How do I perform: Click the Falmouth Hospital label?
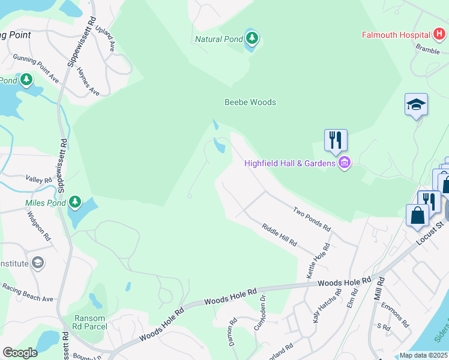point(396,35)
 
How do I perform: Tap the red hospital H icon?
point(439,35)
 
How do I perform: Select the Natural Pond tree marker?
point(253,39)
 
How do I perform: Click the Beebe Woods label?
point(250,102)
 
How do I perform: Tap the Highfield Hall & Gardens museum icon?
point(344,163)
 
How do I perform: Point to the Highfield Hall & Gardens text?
point(289,163)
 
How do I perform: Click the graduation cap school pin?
point(416,104)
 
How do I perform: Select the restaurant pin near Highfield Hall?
point(336,140)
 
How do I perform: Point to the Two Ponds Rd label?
point(312,219)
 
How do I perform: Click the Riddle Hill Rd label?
point(279,235)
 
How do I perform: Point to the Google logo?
point(20,352)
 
